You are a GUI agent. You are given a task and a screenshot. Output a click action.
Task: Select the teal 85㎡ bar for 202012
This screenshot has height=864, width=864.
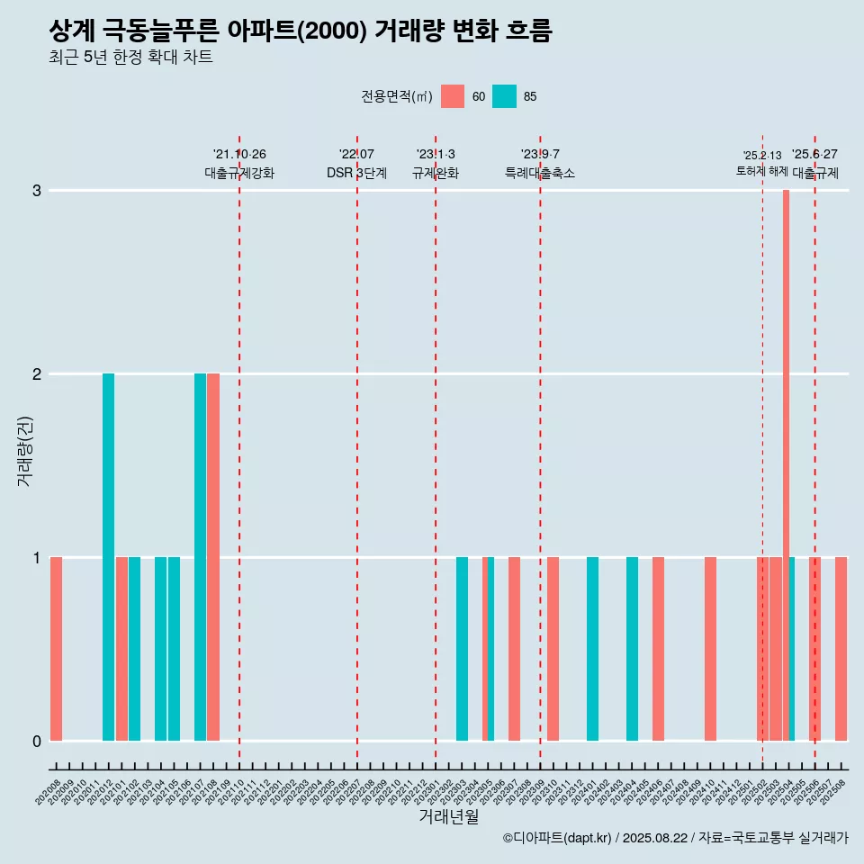108,556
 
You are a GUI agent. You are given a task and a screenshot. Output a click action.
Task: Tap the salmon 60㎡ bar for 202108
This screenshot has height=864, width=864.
213,556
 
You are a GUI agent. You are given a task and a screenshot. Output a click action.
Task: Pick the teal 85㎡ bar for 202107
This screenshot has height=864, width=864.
200,556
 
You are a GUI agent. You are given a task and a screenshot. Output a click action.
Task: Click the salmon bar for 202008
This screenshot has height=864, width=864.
56,648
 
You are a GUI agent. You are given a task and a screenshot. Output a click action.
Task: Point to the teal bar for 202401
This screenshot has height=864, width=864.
592,648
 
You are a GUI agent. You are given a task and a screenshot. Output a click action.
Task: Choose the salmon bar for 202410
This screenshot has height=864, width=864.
710,648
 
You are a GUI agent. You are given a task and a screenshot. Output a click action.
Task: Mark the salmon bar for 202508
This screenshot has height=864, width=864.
841,648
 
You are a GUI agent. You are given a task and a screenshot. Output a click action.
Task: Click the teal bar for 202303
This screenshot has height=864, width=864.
462,648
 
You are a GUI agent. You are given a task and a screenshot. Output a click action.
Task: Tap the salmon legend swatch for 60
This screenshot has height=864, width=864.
453,96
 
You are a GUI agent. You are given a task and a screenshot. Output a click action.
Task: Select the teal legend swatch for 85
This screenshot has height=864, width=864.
504,96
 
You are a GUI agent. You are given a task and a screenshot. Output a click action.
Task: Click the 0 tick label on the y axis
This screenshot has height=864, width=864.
37,741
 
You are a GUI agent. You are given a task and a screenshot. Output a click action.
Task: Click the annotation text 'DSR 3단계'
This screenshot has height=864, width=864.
356,173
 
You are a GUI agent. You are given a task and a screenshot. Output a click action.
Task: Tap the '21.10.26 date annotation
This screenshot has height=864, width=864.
239,155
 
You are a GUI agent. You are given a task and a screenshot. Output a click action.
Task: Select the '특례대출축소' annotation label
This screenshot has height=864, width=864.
540,173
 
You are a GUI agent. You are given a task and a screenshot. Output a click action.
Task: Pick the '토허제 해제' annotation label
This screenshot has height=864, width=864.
762,171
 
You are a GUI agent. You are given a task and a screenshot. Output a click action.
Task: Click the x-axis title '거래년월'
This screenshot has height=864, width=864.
448,817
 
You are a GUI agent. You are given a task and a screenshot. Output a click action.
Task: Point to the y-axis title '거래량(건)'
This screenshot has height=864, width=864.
25,450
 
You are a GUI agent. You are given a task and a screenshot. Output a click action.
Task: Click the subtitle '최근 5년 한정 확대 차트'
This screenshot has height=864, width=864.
130,58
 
